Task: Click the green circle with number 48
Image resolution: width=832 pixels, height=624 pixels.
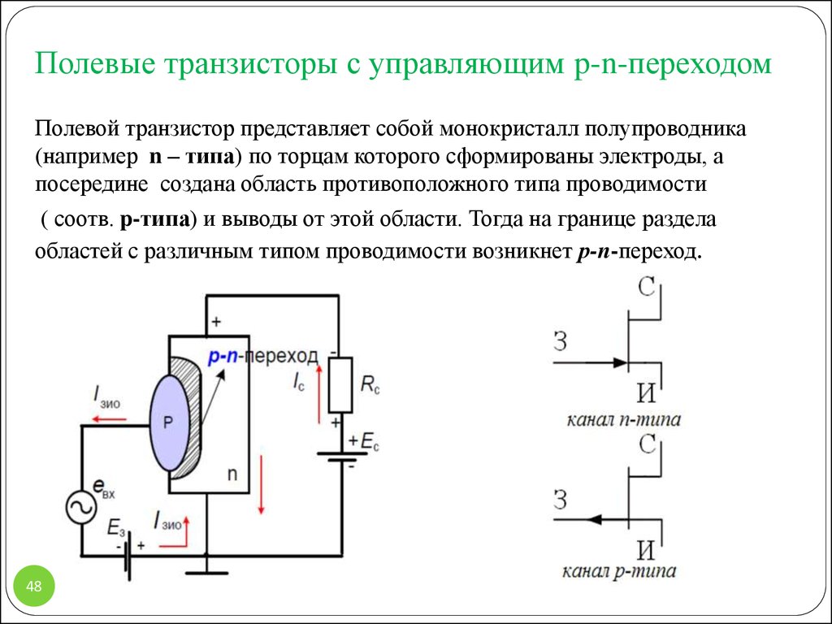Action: (x=34, y=586)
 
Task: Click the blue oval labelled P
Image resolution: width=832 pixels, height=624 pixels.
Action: (x=169, y=422)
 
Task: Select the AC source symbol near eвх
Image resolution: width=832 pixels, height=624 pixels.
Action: (x=82, y=509)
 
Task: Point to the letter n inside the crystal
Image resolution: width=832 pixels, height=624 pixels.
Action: (x=232, y=473)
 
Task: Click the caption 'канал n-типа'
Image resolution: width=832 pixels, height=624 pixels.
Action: (x=623, y=421)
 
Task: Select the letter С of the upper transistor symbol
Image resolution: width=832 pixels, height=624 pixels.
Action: (x=648, y=287)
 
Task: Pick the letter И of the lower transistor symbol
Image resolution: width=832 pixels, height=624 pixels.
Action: (x=646, y=550)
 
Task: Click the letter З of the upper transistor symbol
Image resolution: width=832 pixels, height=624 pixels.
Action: (x=560, y=341)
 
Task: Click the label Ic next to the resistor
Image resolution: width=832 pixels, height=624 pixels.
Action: (x=298, y=380)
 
